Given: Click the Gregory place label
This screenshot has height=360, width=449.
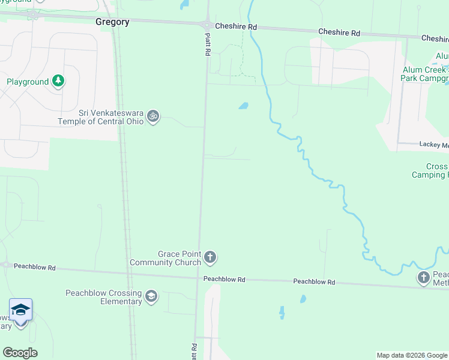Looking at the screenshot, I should [x=112, y=22].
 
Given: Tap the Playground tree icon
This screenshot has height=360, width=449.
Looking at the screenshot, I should [x=58, y=81].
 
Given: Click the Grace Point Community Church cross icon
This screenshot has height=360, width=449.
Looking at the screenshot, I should [x=210, y=257].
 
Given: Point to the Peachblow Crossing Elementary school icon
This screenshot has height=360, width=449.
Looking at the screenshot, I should [x=151, y=295].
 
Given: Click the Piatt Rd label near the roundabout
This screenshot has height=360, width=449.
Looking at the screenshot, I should [x=207, y=45].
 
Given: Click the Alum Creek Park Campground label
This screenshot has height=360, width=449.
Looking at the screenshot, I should [x=426, y=74].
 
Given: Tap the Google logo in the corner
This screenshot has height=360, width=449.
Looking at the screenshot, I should [x=20, y=353].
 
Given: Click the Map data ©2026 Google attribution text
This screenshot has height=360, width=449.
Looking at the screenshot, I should [x=412, y=355].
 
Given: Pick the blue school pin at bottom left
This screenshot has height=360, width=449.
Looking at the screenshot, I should [x=20, y=311].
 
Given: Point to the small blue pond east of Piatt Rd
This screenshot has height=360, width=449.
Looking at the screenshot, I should [x=243, y=106].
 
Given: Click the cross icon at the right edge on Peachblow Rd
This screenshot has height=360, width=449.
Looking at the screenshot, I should [x=424, y=277].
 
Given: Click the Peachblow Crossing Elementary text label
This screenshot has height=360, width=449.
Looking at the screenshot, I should [x=104, y=297].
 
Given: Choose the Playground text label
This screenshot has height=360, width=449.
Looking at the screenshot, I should [x=28, y=82].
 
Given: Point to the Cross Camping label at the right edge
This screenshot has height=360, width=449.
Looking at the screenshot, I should [x=430, y=171].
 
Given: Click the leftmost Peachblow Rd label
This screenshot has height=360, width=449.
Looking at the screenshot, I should [x=34, y=266].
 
